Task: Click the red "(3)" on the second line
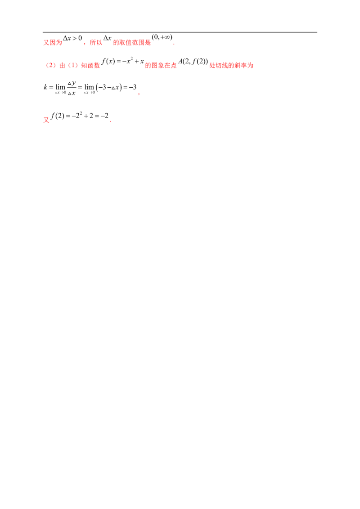(50, 65)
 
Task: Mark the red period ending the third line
(139, 94)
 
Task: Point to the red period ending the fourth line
(110, 121)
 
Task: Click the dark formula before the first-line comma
(73, 40)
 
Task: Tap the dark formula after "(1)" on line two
(121, 63)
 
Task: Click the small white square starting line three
(45, 84)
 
